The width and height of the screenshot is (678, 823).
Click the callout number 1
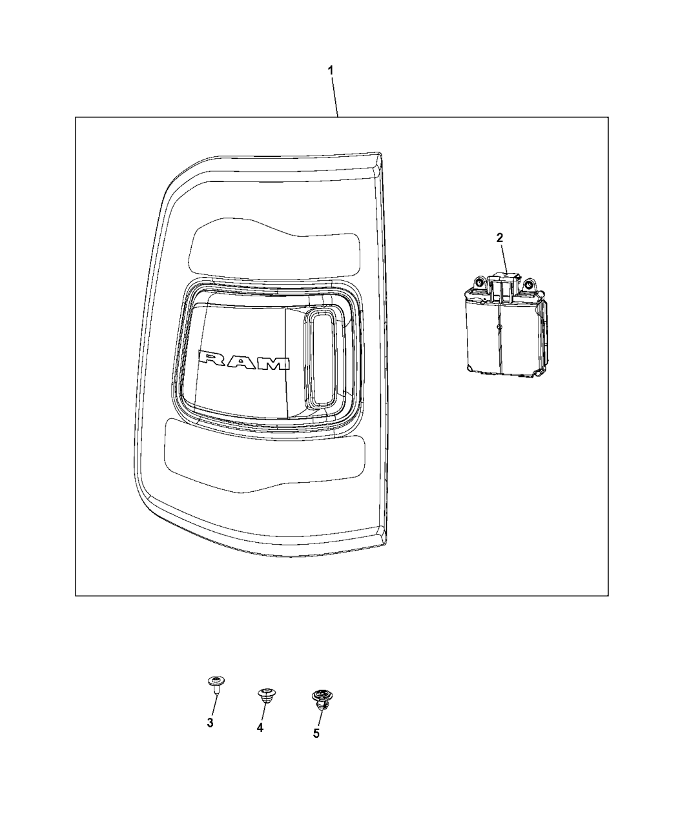[331, 70]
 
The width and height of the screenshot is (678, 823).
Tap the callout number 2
[499, 238]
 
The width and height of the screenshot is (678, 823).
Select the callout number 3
[211, 723]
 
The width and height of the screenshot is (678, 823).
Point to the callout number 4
[260, 727]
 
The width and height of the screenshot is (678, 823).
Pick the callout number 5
[316, 733]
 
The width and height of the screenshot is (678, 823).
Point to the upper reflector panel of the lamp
[274, 247]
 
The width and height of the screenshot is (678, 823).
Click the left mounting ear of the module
[479, 283]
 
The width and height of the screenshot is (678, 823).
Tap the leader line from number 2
[503, 258]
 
